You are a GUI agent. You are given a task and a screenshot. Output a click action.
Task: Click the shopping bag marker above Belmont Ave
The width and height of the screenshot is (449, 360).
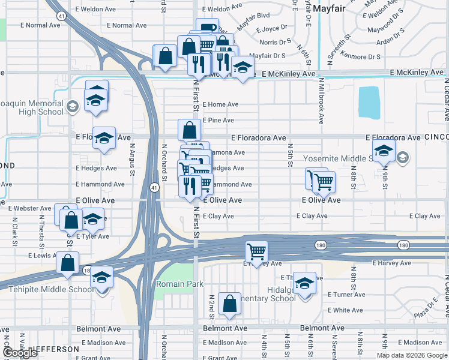tap(229, 303)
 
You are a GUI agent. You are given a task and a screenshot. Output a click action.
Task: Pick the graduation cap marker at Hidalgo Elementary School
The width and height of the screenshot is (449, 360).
tap(305, 283)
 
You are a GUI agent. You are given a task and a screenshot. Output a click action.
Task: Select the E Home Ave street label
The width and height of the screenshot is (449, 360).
tap(220, 104)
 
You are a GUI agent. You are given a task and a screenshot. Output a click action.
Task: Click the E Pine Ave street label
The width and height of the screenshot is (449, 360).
tap(218, 121)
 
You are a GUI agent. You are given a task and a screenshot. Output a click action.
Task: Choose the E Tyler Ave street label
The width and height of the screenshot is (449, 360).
tap(92, 236)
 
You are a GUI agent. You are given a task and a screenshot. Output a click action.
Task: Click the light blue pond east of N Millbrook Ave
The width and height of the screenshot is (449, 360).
tap(369, 103)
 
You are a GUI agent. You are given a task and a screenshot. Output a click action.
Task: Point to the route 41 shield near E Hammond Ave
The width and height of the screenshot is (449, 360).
tap(155, 188)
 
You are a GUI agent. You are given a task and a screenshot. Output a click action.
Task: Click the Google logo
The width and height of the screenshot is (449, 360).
tap(20, 353)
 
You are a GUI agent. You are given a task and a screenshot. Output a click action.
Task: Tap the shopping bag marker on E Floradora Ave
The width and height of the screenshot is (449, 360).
tap(189, 130)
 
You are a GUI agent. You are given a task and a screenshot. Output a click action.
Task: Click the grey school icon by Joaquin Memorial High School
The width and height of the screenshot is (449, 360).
tap(72, 107)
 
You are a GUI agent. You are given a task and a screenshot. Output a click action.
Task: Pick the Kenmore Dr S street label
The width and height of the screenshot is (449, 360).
tap(361, 57)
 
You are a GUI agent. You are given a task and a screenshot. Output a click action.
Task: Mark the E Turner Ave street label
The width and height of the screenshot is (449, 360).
tap(346, 295)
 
